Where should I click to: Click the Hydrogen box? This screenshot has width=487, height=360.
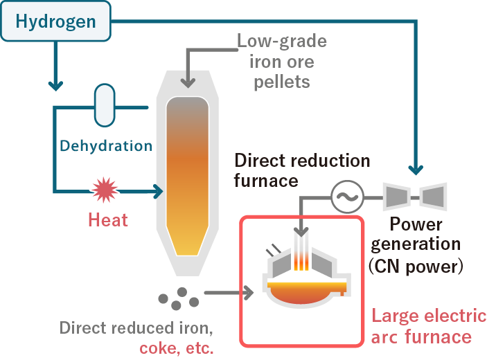55,21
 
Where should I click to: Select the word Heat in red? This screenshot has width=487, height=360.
108,220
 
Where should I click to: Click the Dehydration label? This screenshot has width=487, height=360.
106,146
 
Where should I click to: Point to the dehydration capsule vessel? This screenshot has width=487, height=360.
105,105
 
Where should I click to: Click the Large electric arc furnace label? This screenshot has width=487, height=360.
429,327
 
